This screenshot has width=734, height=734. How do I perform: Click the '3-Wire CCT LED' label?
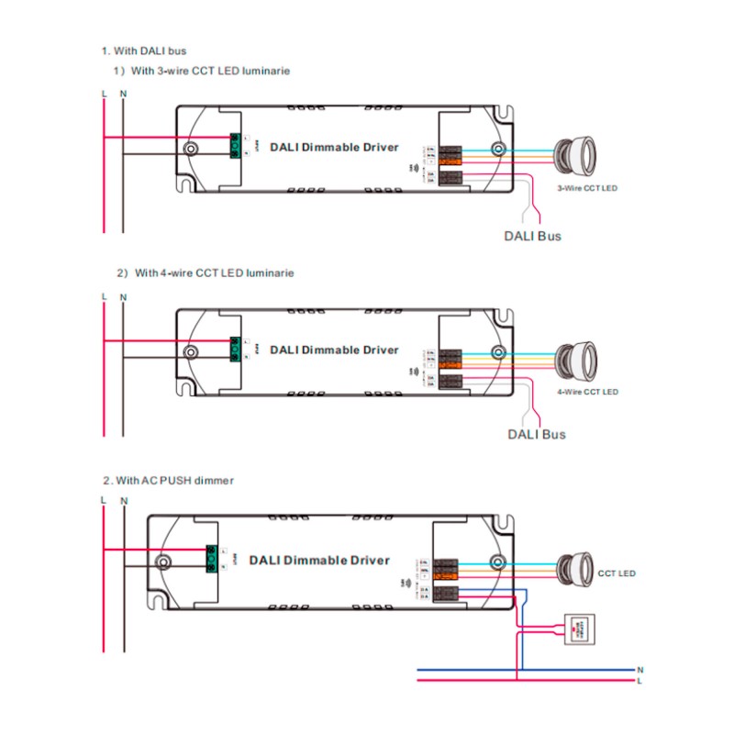(x=587, y=188)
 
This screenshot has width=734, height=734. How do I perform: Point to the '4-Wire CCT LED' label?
(x=587, y=392)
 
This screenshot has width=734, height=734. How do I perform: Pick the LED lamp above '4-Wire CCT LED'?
(x=575, y=353)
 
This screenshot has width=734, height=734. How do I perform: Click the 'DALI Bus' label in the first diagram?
(x=533, y=236)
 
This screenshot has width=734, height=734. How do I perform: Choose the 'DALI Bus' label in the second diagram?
(x=537, y=434)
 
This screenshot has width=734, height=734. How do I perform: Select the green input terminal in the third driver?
(x=210, y=559)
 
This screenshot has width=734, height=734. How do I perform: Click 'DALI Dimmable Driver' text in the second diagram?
(x=334, y=350)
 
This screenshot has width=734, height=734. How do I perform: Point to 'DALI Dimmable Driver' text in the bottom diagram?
(x=318, y=560)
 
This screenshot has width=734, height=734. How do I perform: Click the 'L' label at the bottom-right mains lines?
(x=639, y=681)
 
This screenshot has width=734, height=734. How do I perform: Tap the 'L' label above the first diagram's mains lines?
(x=104, y=94)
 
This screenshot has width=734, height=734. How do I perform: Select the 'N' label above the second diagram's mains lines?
(x=123, y=297)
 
